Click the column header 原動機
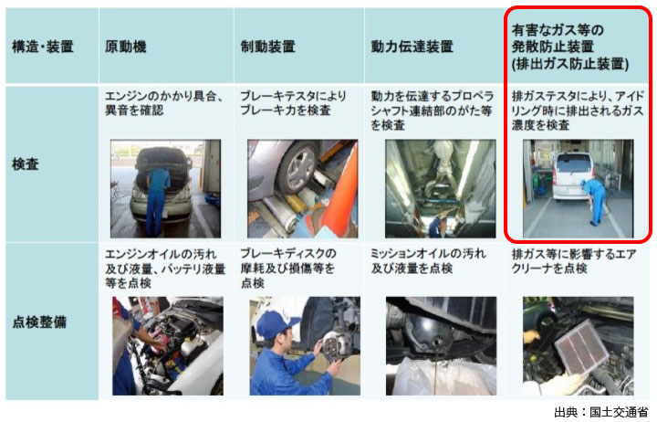(x=126, y=47)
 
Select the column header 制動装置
(x=267, y=47)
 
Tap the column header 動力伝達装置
(x=412, y=47)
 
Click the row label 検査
(x=26, y=164)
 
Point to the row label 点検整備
(x=39, y=322)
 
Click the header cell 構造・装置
(x=42, y=47)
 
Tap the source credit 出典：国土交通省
(x=600, y=412)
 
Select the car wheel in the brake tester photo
(x=298, y=168)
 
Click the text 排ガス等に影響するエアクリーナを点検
(x=574, y=261)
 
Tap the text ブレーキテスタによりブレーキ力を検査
(x=293, y=103)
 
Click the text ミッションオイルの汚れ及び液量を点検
(x=428, y=261)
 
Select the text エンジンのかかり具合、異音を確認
(x=164, y=103)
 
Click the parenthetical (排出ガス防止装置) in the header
(x=570, y=64)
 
